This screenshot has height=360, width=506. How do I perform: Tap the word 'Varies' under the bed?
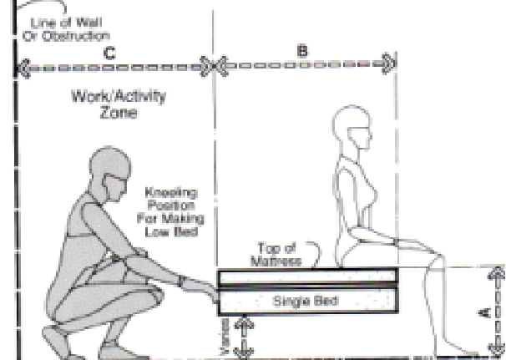point(225,337)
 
